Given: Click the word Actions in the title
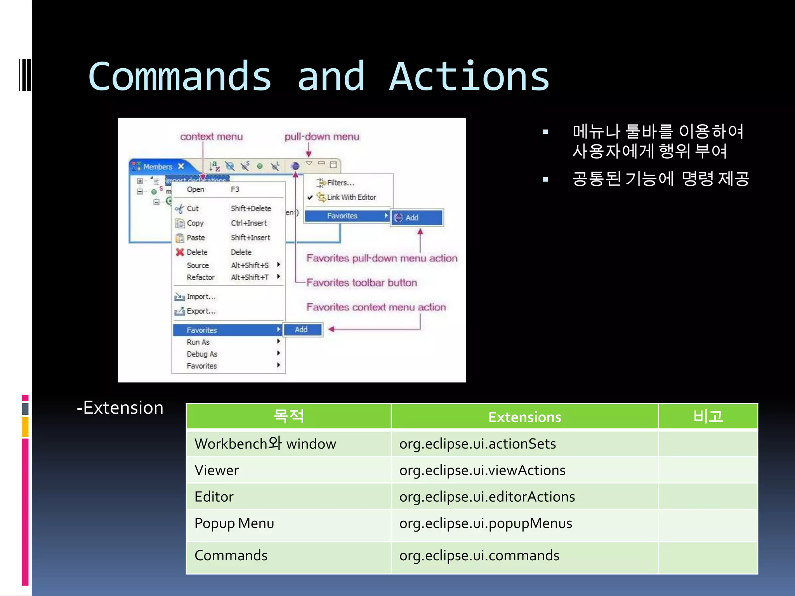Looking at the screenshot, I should point(469,77).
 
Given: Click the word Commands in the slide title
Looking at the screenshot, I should point(180,77).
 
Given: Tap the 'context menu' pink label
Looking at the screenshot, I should point(211,137).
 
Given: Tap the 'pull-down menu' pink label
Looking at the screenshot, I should point(322,137).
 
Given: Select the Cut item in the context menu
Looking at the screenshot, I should point(193,208).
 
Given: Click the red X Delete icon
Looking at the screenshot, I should point(179,252).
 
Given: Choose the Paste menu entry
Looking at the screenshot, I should point(195,237).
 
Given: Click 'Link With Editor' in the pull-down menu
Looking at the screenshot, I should point(351,197).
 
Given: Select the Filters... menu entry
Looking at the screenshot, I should point(340,183).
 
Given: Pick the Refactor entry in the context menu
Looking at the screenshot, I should point(200,277).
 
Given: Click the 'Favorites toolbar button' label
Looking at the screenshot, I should point(361,282).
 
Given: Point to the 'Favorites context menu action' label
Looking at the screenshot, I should point(376,307).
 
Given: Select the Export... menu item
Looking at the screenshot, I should point(201,311).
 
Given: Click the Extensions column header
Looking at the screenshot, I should point(524,417).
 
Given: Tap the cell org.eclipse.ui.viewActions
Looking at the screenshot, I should point(482,470).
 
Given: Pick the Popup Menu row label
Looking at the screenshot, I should point(234,523).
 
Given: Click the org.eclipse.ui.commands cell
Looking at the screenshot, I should point(479,555).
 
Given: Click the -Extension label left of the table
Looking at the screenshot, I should point(120,408).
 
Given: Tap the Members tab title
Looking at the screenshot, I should point(158,167).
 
